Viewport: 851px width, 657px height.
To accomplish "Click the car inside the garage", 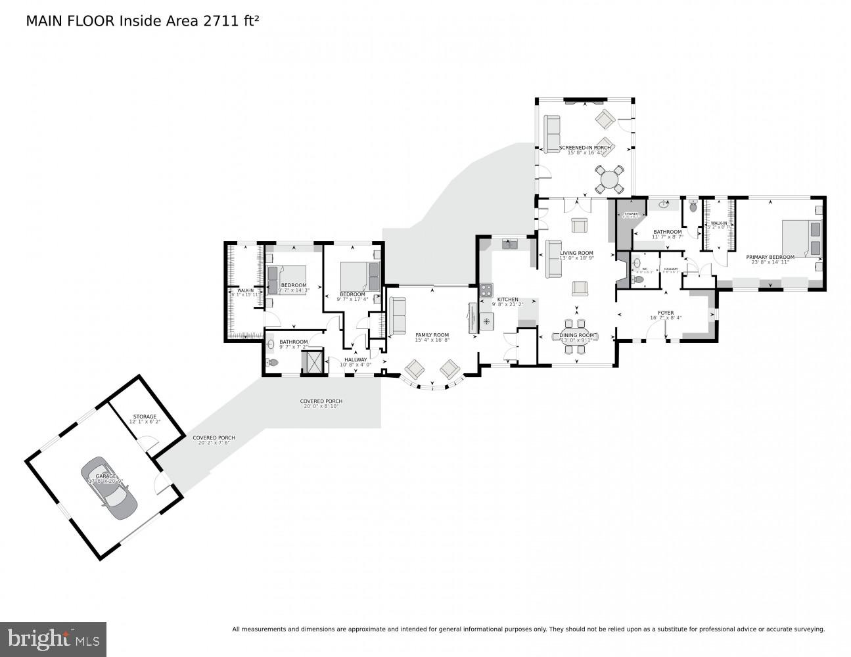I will click(x=109, y=488).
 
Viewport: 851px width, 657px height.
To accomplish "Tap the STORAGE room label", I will click(x=145, y=417).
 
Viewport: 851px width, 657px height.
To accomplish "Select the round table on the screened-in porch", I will click(x=610, y=179).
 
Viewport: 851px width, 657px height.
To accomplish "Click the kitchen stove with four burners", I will click(x=486, y=290).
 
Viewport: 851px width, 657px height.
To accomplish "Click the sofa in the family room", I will click(x=398, y=315).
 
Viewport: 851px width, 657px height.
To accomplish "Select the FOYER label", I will click(x=666, y=313).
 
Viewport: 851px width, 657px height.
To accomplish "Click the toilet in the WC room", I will click(x=637, y=279).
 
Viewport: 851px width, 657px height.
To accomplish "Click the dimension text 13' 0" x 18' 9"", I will click(x=576, y=258).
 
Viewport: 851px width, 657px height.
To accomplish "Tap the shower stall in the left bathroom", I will click(x=312, y=362).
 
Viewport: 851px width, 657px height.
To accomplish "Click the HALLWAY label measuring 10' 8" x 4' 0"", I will click(x=356, y=359).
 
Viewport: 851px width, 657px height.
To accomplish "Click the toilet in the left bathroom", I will click(x=273, y=362).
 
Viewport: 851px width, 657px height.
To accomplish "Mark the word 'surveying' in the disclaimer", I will click(x=809, y=629).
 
